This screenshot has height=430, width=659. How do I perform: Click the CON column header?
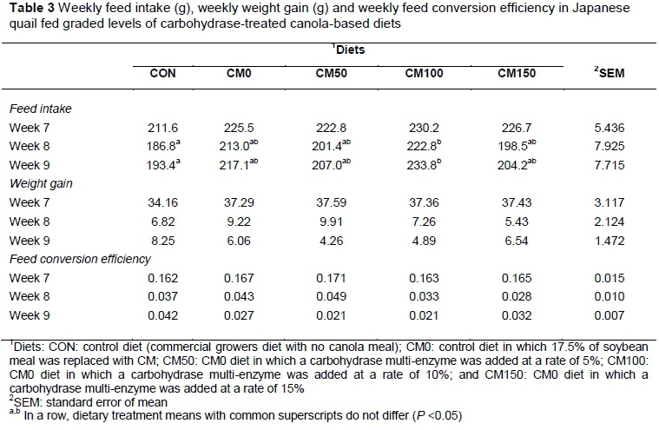coord(163,74)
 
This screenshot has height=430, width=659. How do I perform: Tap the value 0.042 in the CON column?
coord(163,314)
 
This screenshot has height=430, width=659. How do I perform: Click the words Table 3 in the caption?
coord(26,9)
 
